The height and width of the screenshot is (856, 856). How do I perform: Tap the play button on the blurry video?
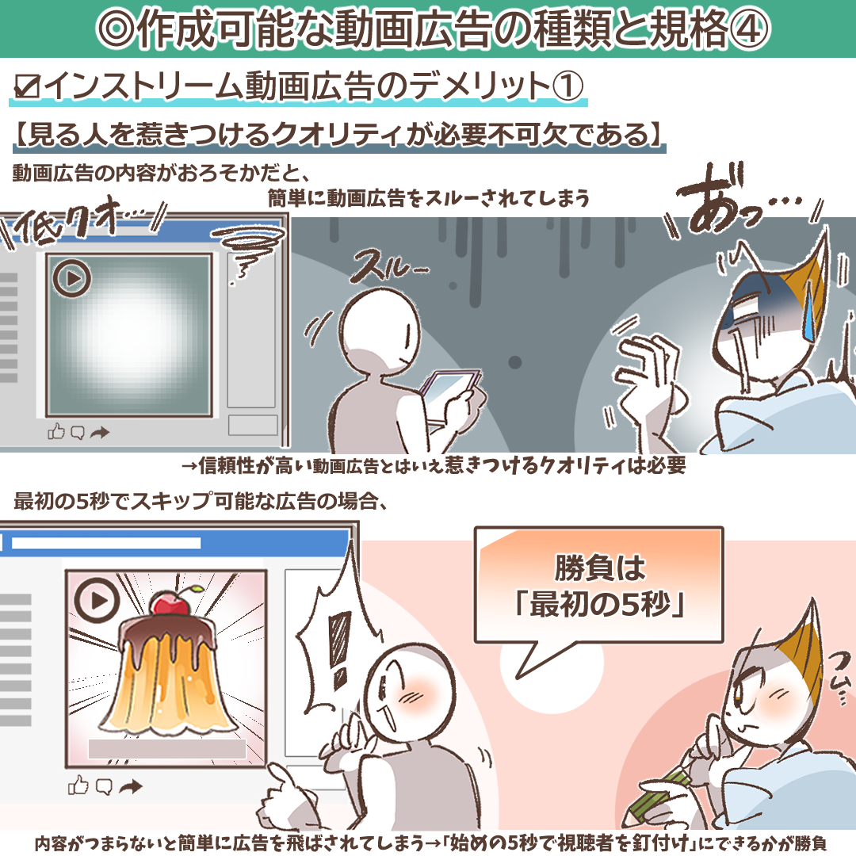72,278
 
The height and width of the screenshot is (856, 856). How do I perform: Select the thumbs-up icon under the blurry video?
56,432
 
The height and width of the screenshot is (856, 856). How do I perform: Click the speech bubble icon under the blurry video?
78,432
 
